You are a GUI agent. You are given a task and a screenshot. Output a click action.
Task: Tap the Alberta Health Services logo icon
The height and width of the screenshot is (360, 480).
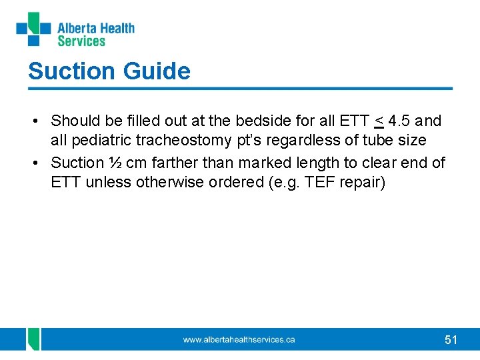(33, 29)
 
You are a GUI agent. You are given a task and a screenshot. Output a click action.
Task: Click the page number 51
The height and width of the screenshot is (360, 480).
(451, 340)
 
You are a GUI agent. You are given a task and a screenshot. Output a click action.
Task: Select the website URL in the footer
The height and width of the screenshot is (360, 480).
(239, 340)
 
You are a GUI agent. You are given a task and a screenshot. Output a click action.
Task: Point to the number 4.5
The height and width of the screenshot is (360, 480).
(399, 121)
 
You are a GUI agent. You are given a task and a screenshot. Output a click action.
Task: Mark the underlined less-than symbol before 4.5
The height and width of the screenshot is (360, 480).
(379, 121)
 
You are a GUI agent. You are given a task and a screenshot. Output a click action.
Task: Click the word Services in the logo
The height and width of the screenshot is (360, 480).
(81, 41)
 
